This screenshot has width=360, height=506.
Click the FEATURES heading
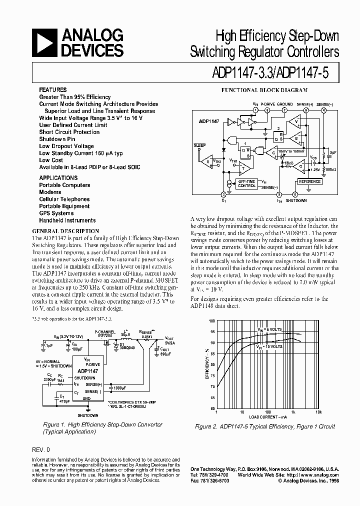tap(53, 89)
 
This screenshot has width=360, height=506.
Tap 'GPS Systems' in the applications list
tap(56, 213)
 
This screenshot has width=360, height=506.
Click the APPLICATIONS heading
tap(58, 178)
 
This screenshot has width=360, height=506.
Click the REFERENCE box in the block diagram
tap(309, 181)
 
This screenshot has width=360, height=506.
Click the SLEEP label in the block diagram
tap(199, 145)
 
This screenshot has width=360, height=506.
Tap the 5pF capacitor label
tap(331, 151)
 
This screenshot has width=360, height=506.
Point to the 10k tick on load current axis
tap(318, 412)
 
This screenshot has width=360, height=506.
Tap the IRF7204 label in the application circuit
tap(103, 335)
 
